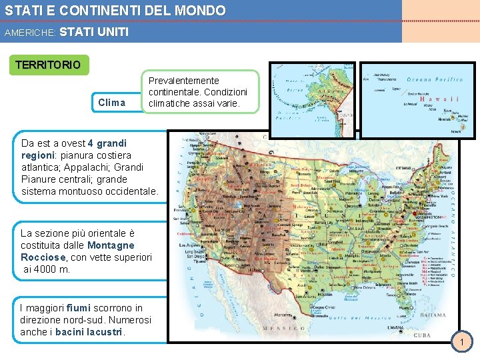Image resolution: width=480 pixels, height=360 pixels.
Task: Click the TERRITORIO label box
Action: coord(47,65)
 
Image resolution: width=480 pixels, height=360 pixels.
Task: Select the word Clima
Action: coord(111,102)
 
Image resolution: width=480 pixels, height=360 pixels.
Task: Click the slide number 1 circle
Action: coord(461,343)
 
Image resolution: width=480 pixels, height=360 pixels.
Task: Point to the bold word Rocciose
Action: coord(43,257)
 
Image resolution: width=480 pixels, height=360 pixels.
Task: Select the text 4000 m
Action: coord(51,269)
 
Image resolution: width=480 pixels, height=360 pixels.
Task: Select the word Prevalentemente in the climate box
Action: coord(183,81)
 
